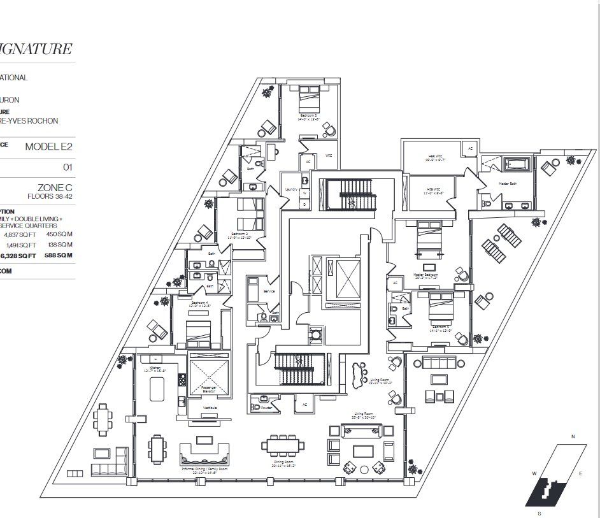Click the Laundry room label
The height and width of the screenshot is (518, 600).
pyautogui.click(x=292, y=189)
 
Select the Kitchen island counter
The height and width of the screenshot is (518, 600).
pyautogui.click(x=157, y=388)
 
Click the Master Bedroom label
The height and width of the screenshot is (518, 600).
pyautogui.click(x=426, y=276)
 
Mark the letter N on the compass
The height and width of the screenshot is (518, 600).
pyautogui.click(x=573, y=436)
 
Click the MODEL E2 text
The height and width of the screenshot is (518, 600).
pyautogui.click(x=49, y=147)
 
